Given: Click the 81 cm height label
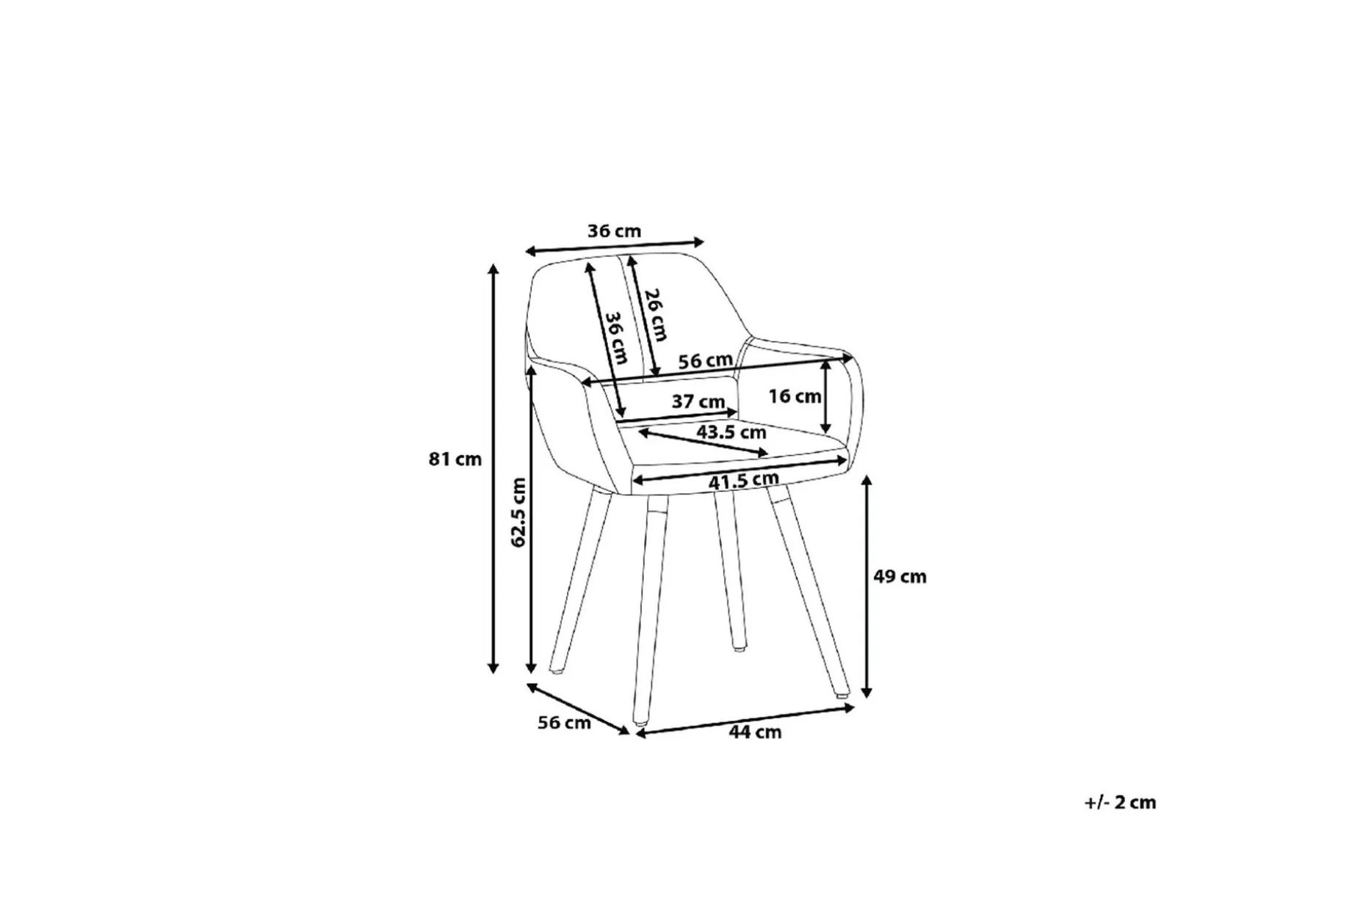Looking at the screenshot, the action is [455, 459].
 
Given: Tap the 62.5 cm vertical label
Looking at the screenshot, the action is [518, 512].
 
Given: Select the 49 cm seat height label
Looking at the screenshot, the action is [900, 577].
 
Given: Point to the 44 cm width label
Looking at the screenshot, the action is [755, 732].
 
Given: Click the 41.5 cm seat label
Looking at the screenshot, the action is [743, 481].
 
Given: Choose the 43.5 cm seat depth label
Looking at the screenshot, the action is [731, 432].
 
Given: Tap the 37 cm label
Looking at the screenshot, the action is [698, 402].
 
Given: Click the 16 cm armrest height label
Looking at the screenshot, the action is [795, 396].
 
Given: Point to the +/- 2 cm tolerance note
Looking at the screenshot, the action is [1120, 802].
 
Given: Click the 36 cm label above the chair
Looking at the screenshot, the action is [614, 231].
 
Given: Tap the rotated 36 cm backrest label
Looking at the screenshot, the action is [616, 338].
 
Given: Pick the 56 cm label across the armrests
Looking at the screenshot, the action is [705, 361].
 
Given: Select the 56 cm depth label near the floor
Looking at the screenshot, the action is [564, 723].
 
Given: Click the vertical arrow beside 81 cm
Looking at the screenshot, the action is [494, 469].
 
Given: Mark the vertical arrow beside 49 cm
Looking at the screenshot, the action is [867, 586].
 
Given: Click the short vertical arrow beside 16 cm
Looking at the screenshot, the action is [826, 396].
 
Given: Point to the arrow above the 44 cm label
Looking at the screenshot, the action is [745, 720].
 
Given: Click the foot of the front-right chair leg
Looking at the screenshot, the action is [842, 692].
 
